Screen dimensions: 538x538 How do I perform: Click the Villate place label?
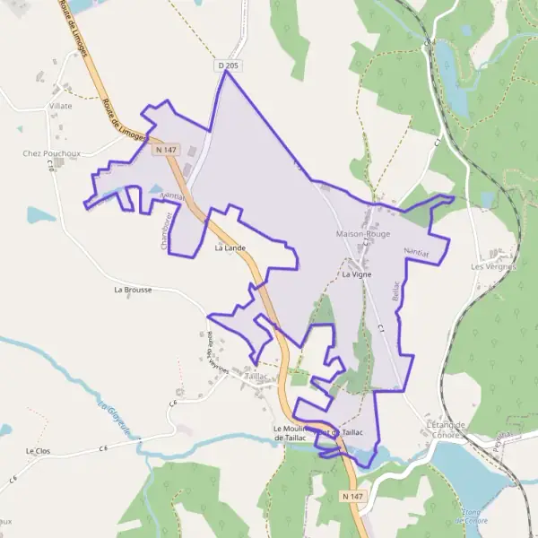click(x=60, y=106)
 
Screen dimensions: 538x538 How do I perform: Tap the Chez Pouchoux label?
click(x=51, y=153)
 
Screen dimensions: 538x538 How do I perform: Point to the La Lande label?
click(x=230, y=247)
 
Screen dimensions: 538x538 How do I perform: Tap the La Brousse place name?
click(x=133, y=291)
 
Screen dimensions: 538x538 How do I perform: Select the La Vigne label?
click(x=357, y=275)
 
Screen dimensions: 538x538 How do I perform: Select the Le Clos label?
click(x=37, y=450)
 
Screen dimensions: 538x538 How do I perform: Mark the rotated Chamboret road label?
click(x=167, y=230)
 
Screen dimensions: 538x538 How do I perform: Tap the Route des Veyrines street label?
click(x=216, y=351)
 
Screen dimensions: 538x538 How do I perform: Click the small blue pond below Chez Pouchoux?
click(x=40, y=215)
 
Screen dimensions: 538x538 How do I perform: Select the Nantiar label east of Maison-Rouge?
click(x=418, y=253)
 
